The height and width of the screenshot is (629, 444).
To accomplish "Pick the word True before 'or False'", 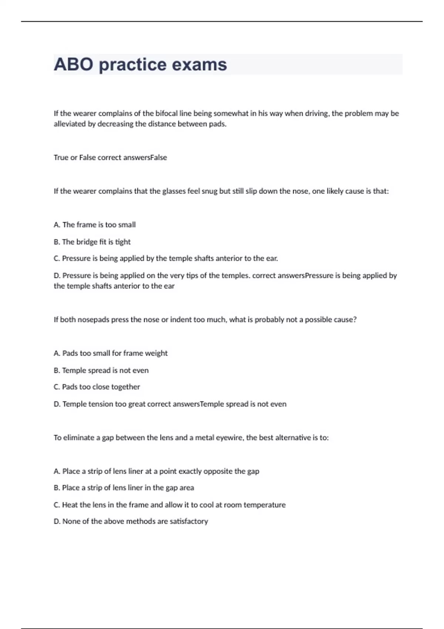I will point(61,158).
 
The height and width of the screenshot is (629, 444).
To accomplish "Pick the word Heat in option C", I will point(70,505).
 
